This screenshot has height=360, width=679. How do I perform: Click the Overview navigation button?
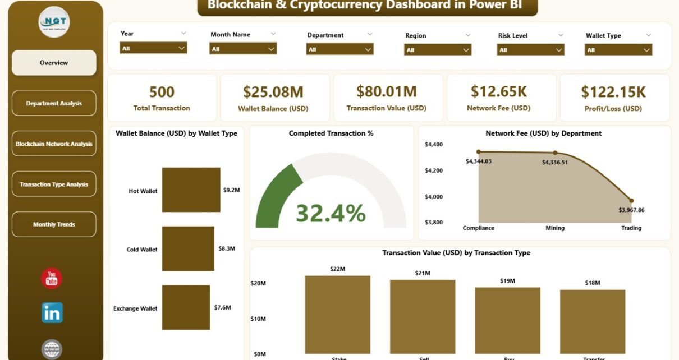point(54,63)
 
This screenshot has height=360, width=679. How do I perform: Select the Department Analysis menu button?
point(54,103)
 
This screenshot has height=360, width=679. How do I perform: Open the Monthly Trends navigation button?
point(54,224)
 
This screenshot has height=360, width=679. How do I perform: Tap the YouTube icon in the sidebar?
point(52,279)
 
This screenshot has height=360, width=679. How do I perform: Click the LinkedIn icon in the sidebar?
point(52,313)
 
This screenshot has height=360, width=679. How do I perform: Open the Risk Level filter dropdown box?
point(530,49)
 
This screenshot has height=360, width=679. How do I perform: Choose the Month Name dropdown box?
point(243,49)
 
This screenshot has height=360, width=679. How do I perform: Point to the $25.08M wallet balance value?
point(273,92)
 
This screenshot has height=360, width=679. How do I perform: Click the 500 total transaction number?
point(162,92)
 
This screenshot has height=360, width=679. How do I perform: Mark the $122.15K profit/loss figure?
point(613,92)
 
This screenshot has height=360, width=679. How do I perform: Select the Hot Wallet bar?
point(191,190)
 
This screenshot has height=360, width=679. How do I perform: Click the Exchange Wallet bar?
point(186,307)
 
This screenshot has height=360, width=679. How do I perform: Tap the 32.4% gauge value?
point(331,214)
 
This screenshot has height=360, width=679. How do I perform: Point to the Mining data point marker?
point(555,153)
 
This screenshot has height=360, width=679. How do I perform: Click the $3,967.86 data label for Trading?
point(631,210)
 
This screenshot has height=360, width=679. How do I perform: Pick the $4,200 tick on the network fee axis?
point(434,170)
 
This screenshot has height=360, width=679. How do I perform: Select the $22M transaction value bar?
point(338,315)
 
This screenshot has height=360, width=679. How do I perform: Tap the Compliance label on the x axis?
point(478,228)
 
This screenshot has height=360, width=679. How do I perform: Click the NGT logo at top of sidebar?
point(54,21)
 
